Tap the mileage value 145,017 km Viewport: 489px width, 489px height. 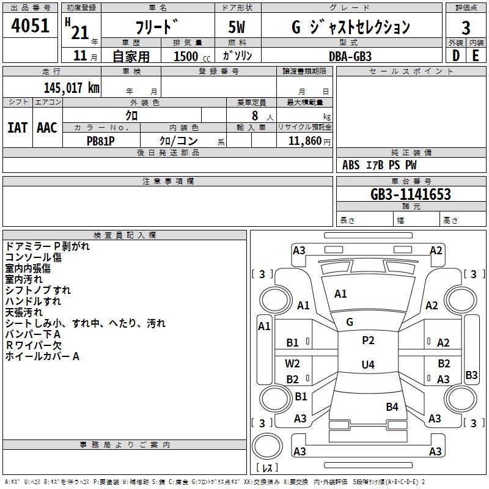(x=72, y=87)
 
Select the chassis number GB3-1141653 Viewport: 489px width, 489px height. (x=411, y=194)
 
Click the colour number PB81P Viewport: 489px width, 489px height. (x=101, y=140)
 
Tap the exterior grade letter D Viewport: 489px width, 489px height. (x=455, y=56)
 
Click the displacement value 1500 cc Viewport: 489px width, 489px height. (x=189, y=56)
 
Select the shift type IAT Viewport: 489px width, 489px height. (x=17, y=128)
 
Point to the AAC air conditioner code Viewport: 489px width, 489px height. (x=47, y=128)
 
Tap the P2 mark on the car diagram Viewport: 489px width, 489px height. (x=368, y=340)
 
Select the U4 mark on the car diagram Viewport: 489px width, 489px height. (x=368, y=365)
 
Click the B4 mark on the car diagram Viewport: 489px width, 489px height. (x=392, y=406)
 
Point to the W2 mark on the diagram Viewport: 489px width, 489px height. (x=293, y=363)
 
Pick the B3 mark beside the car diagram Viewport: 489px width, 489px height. (x=471, y=375)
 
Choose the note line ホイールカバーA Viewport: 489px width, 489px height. (x=42, y=356)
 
